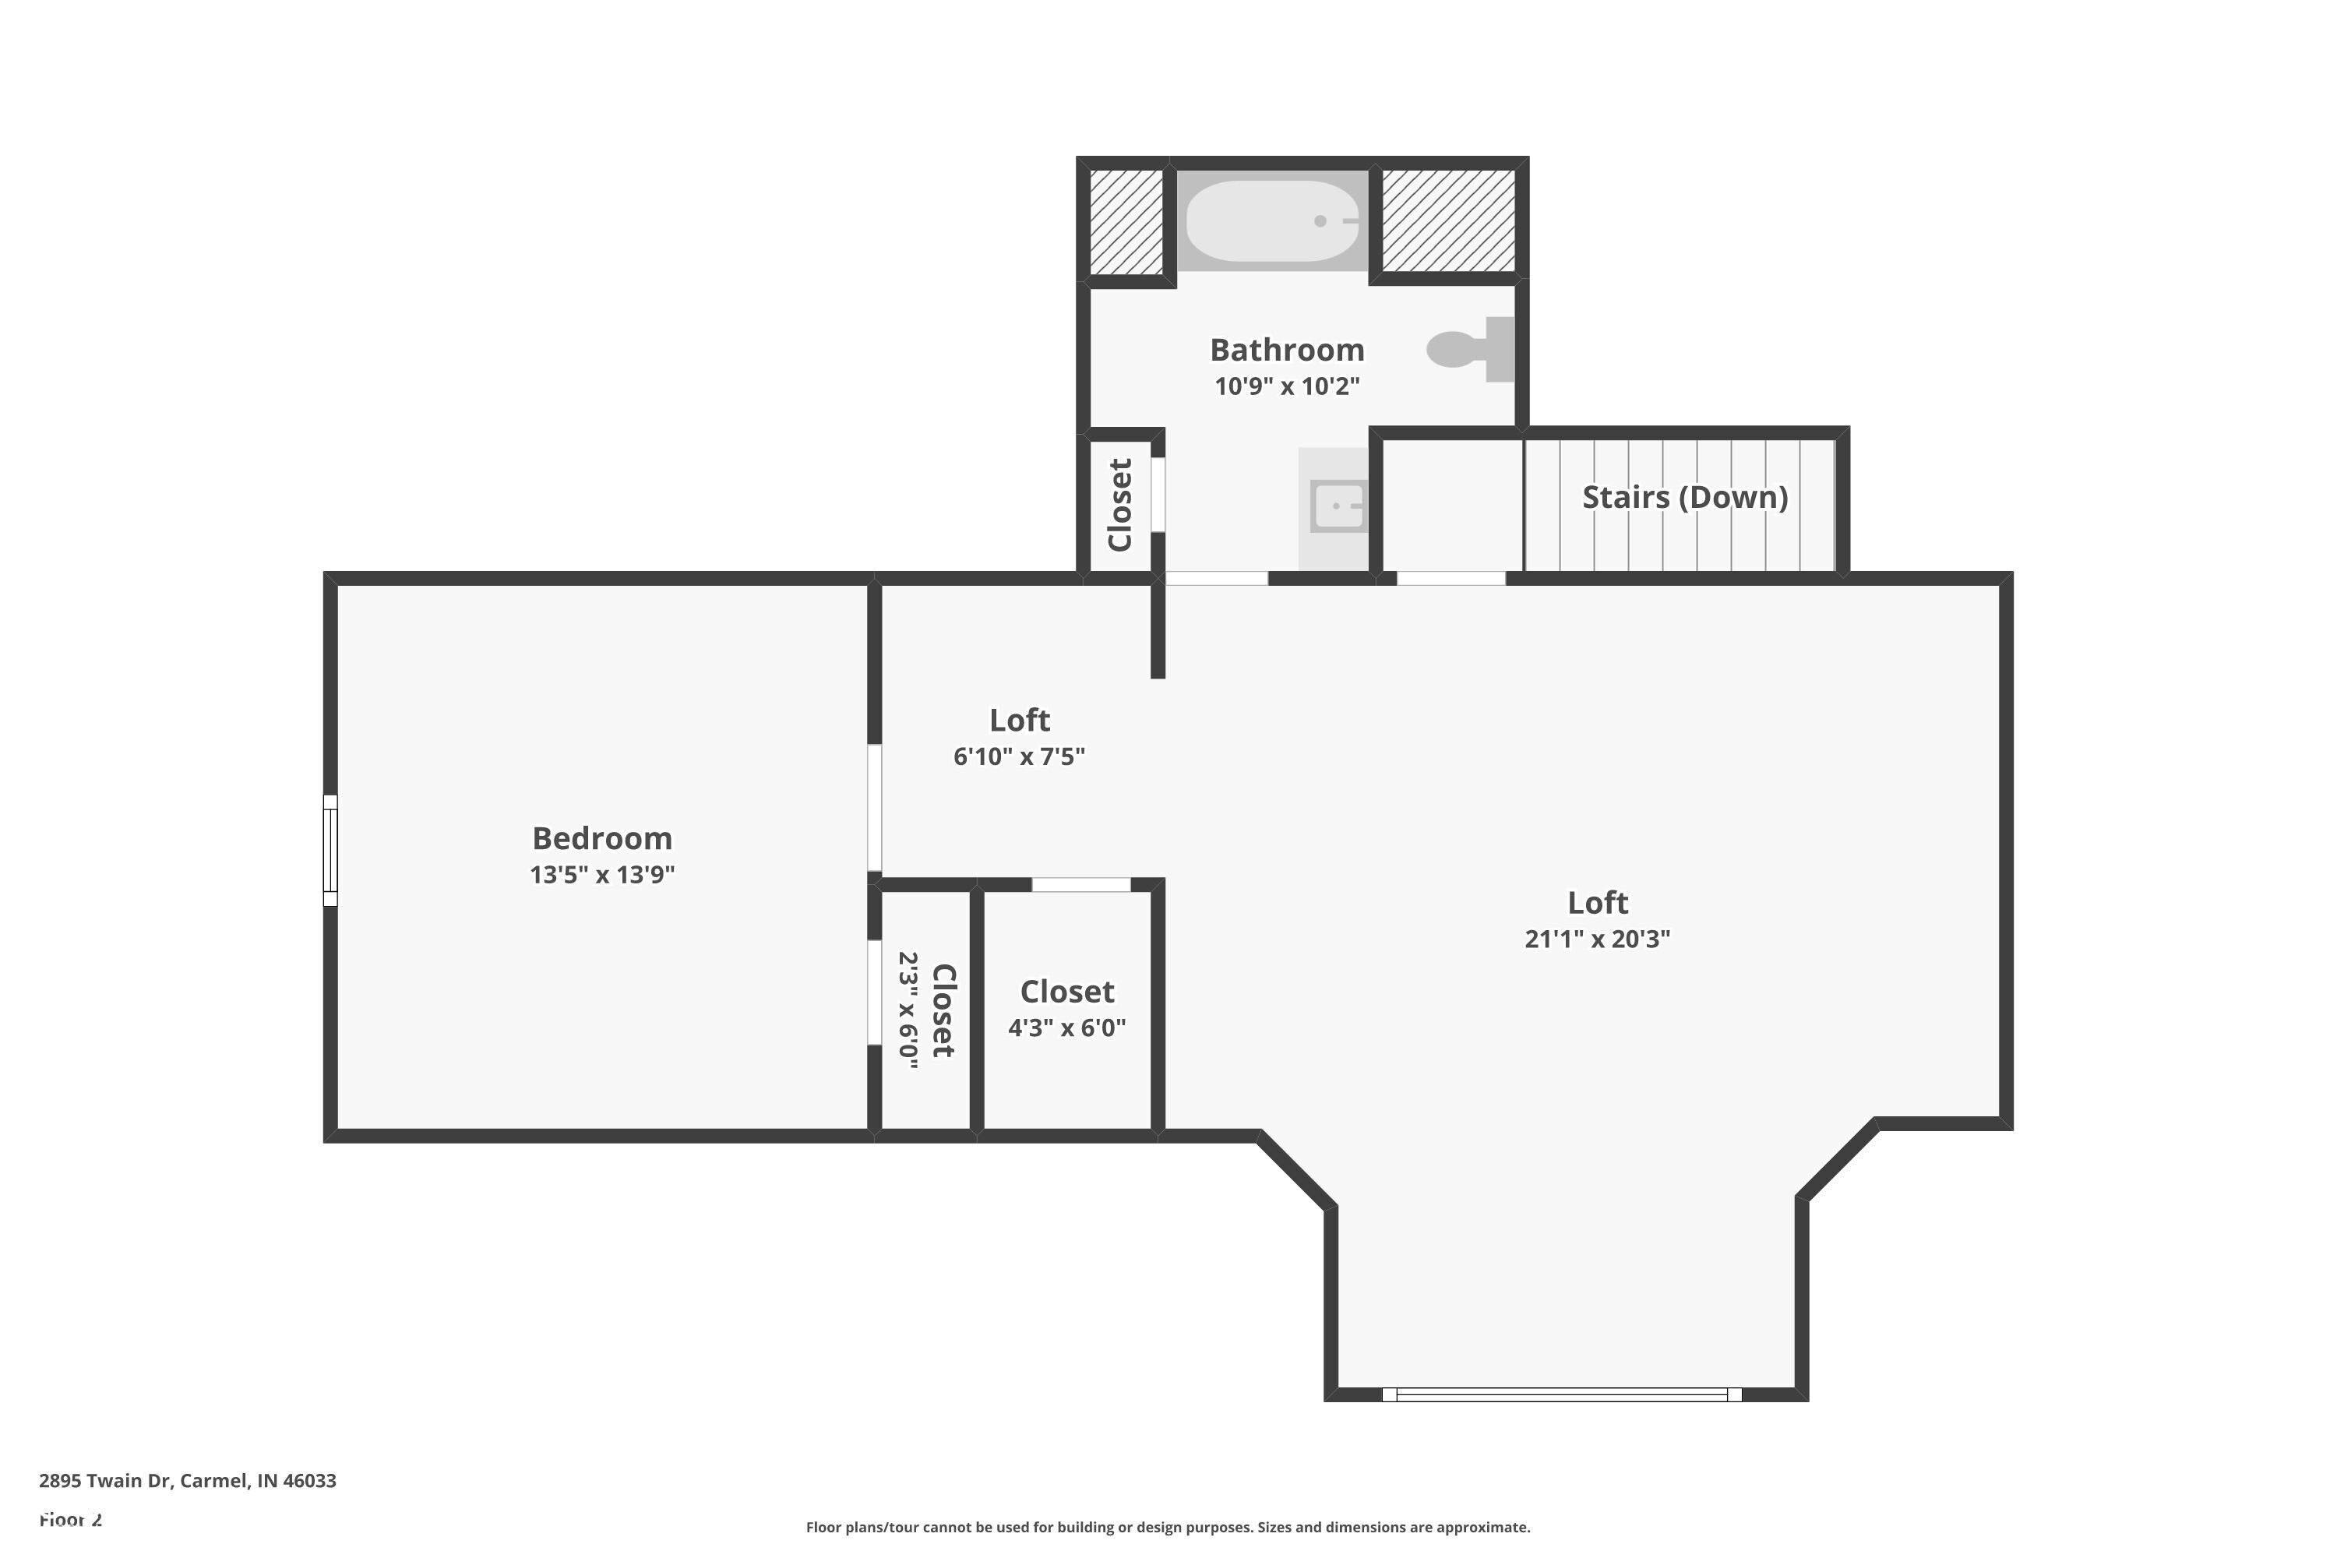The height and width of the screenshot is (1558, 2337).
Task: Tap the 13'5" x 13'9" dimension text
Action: point(602,874)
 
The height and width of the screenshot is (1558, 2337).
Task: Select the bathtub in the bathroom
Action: point(1272,220)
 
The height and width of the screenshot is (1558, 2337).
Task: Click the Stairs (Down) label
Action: point(1684,497)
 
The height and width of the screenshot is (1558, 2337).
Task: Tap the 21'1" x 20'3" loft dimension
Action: point(1597,939)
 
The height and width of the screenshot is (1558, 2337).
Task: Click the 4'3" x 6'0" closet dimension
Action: point(1066,1028)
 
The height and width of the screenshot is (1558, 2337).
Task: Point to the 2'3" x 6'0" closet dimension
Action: point(908,1010)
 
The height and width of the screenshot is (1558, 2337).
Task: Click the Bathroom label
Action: point(1287,350)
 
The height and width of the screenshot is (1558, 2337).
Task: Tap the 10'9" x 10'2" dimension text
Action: point(1287,386)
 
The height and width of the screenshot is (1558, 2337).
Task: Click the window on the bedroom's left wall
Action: point(331,851)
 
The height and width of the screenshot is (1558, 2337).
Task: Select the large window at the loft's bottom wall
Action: point(1561,1394)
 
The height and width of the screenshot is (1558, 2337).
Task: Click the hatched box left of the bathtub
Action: point(1126,221)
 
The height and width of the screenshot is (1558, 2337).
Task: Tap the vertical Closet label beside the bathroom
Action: point(1120,505)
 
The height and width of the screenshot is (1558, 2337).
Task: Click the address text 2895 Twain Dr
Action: point(187,1481)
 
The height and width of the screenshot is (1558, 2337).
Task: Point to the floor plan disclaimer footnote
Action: point(1168,1527)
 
